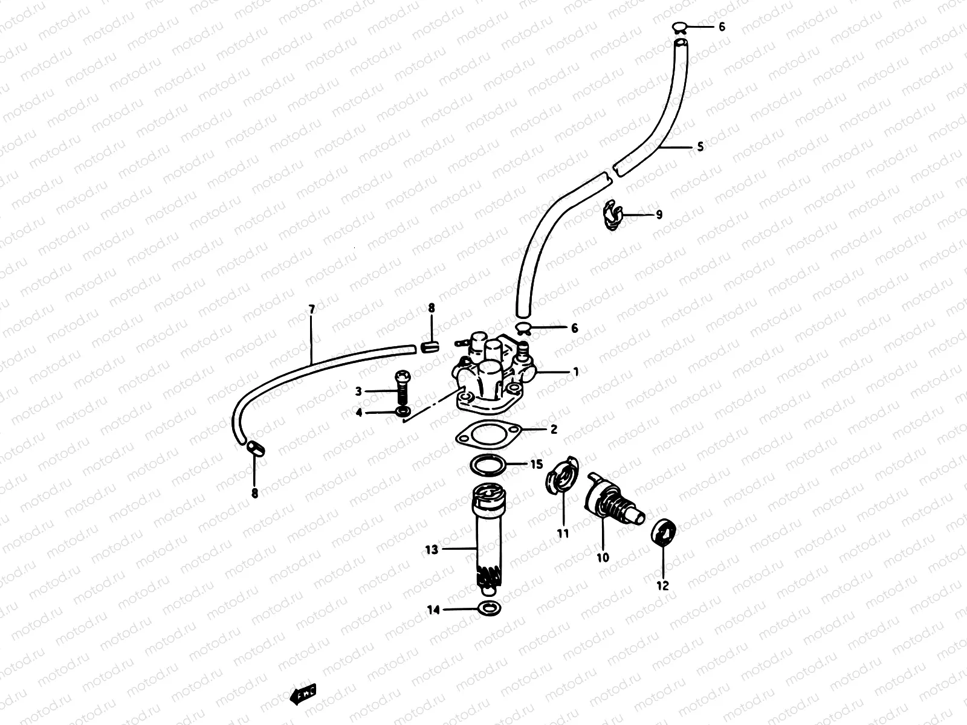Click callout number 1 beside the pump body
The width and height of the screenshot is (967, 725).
[576, 372]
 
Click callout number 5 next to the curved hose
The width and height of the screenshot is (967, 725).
[700, 147]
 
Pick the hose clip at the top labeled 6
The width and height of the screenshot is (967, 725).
[679, 27]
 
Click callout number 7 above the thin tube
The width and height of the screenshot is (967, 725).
[312, 310]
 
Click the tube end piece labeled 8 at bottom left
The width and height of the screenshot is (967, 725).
[256, 448]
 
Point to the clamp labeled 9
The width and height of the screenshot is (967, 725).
[612, 215]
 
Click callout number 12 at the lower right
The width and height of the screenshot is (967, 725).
[663, 585]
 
